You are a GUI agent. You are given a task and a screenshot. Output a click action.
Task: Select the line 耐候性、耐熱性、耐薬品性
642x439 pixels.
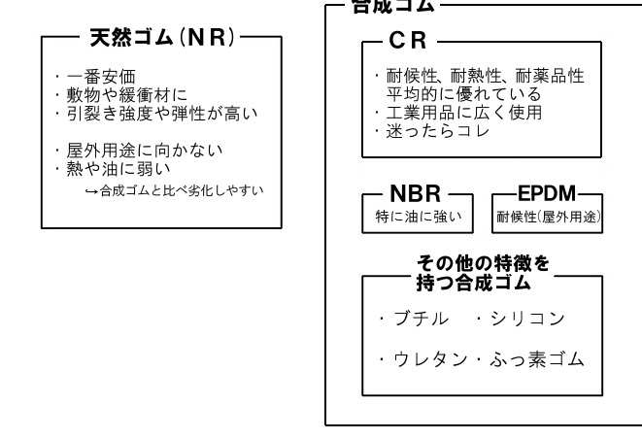click(x=485, y=76)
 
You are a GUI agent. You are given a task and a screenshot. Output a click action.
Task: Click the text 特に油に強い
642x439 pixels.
click(x=414, y=215)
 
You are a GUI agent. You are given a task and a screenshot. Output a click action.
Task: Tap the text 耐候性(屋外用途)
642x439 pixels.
click(x=548, y=216)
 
